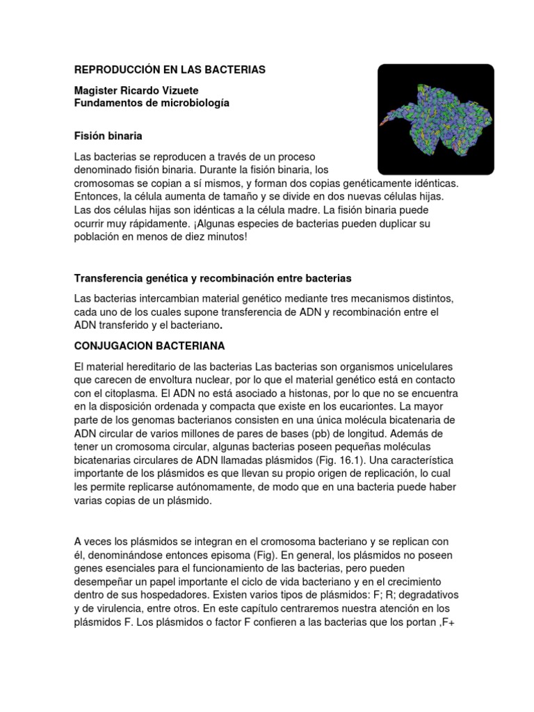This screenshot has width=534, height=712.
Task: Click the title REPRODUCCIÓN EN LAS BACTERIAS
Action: (x=170, y=70)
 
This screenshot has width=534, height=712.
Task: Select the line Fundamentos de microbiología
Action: (x=152, y=103)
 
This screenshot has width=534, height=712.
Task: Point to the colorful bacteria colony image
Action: (x=435, y=119)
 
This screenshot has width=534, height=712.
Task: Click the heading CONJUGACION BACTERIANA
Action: (x=149, y=345)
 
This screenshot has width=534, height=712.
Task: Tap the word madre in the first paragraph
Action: (x=285, y=211)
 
